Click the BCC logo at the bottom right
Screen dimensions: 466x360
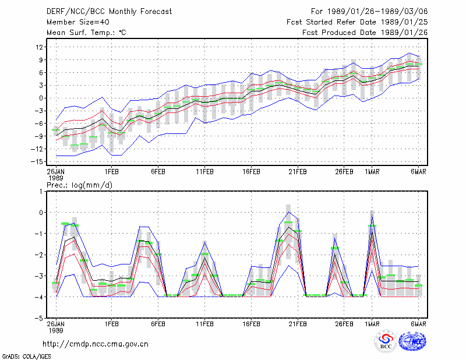(x=386, y=341)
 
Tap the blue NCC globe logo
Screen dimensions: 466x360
(x=412, y=341)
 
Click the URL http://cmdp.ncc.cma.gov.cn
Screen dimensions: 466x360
(x=96, y=344)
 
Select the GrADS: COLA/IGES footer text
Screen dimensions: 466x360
(x=26, y=357)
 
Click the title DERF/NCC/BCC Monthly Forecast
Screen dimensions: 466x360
(x=109, y=12)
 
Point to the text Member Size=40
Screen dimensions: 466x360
(x=78, y=22)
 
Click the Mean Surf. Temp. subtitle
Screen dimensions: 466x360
(x=86, y=33)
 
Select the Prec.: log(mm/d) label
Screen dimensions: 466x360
(x=79, y=185)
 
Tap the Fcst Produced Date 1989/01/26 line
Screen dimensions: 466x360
(x=365, y=33)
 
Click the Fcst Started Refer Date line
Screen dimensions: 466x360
(x=357, y=22)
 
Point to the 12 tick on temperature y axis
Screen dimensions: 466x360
(x=40, y=47)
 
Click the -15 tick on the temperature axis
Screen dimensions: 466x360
(x=37, y=162)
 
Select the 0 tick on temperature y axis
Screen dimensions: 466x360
(x=41, y=98)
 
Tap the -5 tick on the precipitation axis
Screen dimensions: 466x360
(x=39, y=318)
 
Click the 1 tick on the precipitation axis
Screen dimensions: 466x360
(x=41, y=192)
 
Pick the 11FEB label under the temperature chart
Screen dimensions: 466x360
(x=205, y=172)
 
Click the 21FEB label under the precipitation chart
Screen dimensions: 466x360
(x=298, y=324)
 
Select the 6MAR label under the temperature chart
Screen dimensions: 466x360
(x=418, y=172)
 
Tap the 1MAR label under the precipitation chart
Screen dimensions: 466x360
(x=372, y=324)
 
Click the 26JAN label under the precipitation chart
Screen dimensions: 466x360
(x=56, y=324)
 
